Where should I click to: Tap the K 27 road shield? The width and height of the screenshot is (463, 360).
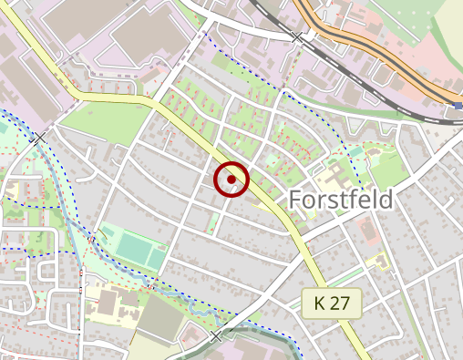click(x=332, y=302)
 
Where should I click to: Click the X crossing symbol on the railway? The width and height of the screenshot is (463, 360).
click(x=297, y=37)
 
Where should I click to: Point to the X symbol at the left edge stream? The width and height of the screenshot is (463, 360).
click(x=37, y=138)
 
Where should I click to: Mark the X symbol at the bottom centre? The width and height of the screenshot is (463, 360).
click(x=216, y=336)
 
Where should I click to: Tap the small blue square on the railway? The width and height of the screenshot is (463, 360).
click(x=457, y=106)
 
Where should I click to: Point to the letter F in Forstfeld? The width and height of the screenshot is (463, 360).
click(x=295, y=200)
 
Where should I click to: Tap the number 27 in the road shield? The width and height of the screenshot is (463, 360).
click(x=341, y=302)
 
